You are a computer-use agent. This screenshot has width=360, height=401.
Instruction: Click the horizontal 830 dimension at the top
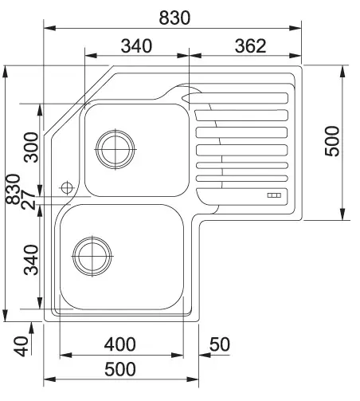click(x=174, y=18)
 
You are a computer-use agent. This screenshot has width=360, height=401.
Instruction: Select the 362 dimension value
click(x=250, y=45)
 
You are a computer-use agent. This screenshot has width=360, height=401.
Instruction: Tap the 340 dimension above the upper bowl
click(x=136, y=45)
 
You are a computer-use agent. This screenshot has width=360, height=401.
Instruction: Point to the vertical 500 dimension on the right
click(x=332, y=141)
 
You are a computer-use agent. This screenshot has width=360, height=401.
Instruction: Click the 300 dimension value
click(x=31, y=147)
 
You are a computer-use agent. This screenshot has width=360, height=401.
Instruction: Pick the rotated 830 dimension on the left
click(x=13, y=189)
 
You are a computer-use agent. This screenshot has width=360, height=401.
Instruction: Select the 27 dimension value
click(x=28, y=200)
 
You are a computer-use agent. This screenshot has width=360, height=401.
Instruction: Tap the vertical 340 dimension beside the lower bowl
click(x=31, y=260)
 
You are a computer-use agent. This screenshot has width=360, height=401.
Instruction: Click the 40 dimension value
click(x=21, y=346)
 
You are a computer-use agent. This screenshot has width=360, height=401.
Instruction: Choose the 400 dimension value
click(x=120, y=344)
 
